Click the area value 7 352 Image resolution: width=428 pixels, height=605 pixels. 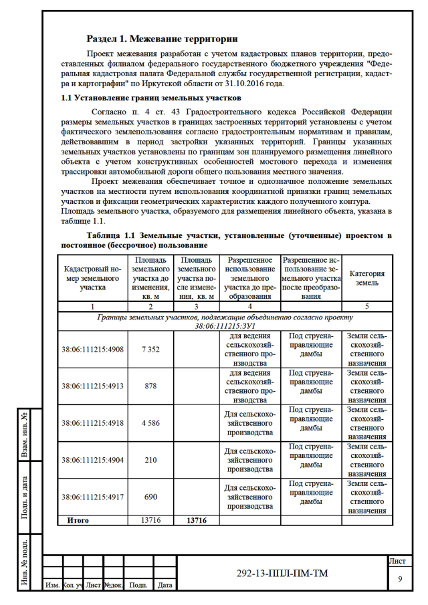(150, 349)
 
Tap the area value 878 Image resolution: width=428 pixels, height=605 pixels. (150, 386)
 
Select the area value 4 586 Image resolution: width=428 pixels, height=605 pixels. (150, 422)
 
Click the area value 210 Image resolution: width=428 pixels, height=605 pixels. (150, 459)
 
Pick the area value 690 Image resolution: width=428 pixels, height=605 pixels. (150, 496)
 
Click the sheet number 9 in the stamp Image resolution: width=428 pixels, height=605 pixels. (399, 579)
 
